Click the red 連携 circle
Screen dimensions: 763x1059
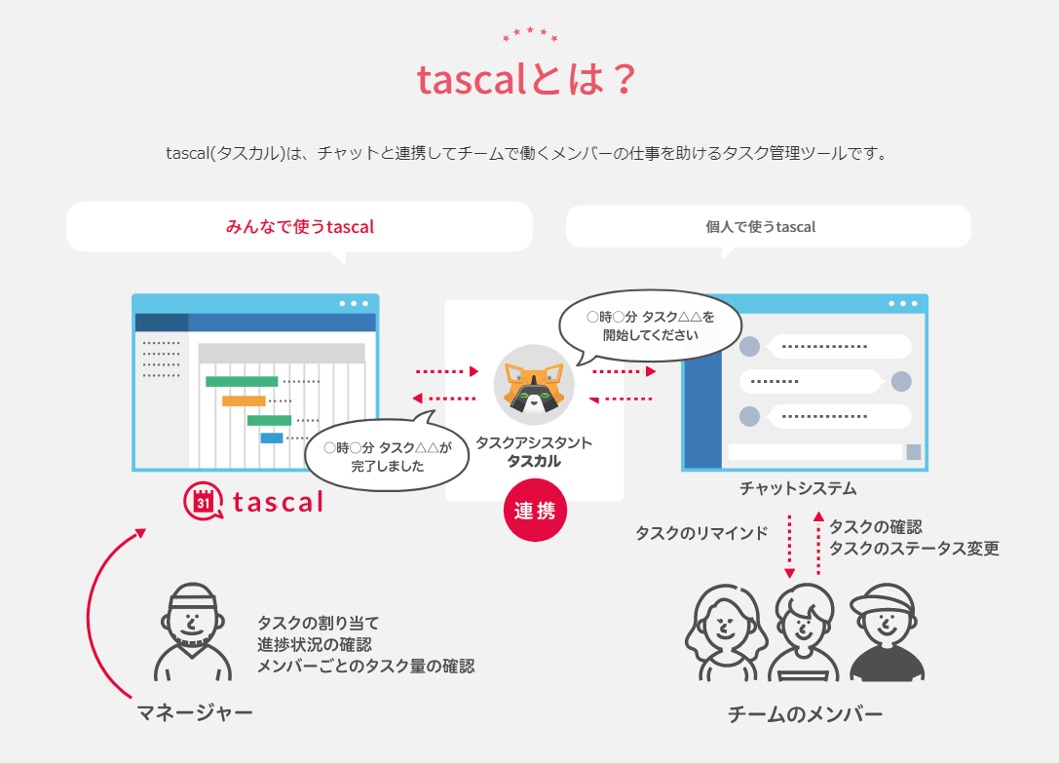(535, 511)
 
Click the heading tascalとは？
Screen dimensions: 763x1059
(528, 81)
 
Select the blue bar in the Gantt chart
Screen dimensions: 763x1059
(272, 439)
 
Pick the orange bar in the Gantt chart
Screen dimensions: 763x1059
(244, 401)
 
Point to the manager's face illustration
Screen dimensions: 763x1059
(193, 624)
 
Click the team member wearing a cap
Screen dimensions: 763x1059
(887, 632)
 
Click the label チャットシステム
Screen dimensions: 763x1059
(798, 488)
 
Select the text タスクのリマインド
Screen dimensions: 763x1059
(701, 533)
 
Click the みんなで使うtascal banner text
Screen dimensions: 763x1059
(300, 227)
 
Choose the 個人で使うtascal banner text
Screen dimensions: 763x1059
(761, 227)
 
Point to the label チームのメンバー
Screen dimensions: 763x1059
(806, 715)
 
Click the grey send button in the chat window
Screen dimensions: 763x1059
(914, 452)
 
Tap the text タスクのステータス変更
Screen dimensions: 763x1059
(914, 549)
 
